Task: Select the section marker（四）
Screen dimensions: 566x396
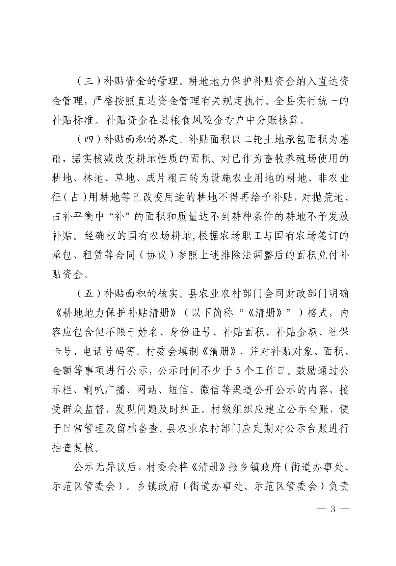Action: [x=88, y=140]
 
